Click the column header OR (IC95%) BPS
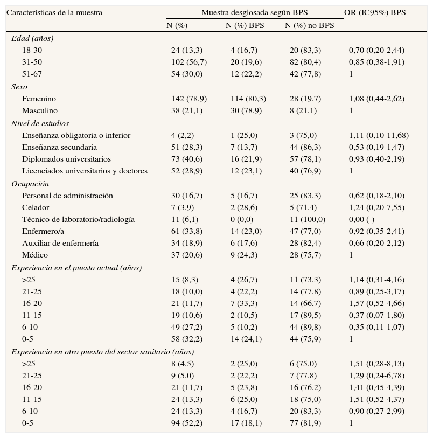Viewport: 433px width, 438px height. pyautogui.click(x=375, y=12)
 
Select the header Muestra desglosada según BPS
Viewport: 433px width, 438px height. pyautogui.click(x=255, y=12)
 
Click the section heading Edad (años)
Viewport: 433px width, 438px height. pyautogui.click(x=32, y=38)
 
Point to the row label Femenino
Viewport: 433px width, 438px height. pyautogui.click(x=39, y=99)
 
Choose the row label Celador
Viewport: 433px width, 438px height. pyautogui.click(x=36, y=207)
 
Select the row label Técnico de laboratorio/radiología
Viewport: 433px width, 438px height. pyautogui.click(x=78, y=219)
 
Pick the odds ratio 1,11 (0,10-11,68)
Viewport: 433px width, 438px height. pyautogui.click(x=379, y=135)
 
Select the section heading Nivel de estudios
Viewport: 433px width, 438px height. pyautogui.click(x=40, y=123)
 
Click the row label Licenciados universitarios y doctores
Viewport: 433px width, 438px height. pyautogui.click(x=85, y=171)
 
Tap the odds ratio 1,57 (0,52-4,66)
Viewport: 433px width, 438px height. pyautogui.click(x=376, y=303)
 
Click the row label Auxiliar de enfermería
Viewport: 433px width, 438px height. pyautogui.click(x=60, y=243)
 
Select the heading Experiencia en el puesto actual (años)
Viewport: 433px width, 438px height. pyautogui.click(x=76, y=268)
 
